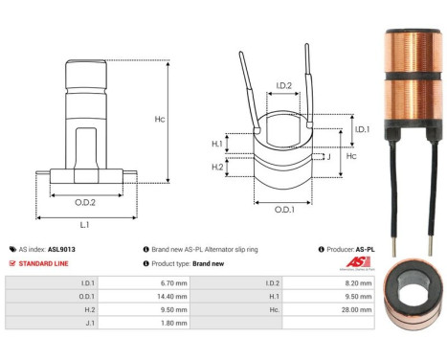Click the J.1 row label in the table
[88, 325]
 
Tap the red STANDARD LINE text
[48, 262]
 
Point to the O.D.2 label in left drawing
[85, 201]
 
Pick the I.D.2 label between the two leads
[283, 86]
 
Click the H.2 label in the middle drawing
[216, 169]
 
